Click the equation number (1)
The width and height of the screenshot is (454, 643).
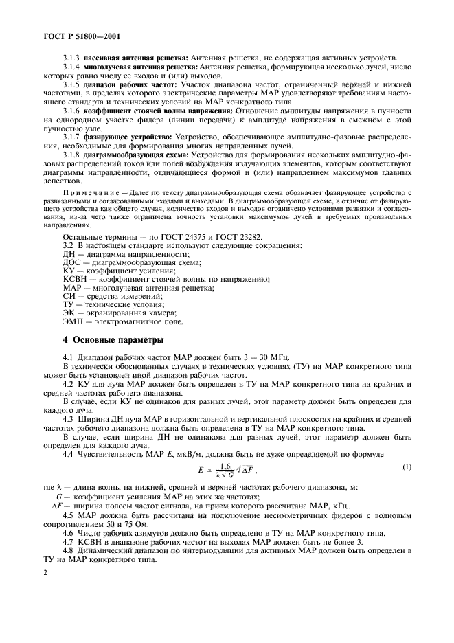pyautogui.click(x=407, y=468)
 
